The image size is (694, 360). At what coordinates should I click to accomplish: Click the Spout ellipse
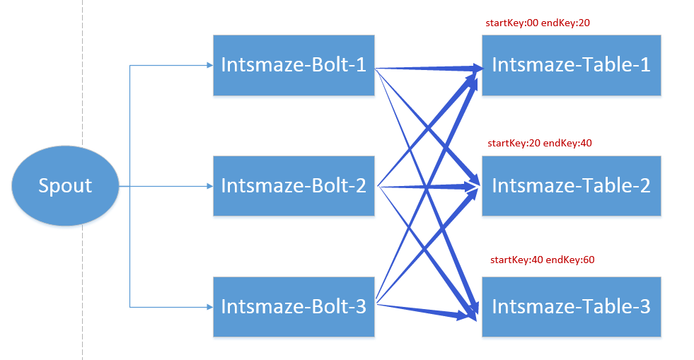point(65,186)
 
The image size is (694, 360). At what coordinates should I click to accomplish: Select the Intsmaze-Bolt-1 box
point(294,65)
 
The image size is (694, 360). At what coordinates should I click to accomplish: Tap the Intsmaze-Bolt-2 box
point(294,186)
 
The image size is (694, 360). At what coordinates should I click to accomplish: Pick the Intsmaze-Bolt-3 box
point(294,307)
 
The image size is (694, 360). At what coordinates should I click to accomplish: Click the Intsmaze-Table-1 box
point(571,65)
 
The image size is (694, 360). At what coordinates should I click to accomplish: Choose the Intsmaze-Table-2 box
point(571,186)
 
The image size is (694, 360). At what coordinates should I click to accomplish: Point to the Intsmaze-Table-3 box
point(571,307)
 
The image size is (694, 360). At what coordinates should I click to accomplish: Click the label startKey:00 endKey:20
point(538,23)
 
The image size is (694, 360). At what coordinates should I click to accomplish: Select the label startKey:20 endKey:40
point(540,143)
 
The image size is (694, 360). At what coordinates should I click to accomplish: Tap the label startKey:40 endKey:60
point(542,260)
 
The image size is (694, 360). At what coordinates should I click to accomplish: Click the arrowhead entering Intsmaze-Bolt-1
point(209,66)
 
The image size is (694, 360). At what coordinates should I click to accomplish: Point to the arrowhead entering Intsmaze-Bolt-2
point(209,186)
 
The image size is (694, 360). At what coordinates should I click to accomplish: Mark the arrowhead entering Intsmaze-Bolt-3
point(209,307)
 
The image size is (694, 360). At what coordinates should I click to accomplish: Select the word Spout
point(65,186)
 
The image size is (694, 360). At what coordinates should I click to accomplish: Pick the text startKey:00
point(511,23)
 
